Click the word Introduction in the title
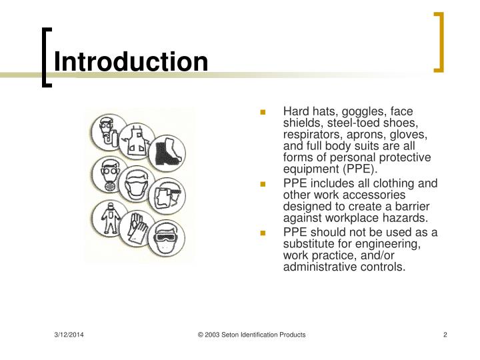click(131, 62)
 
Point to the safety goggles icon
click(166, 237)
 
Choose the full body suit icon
click(107, 218)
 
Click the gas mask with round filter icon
click(108, 175)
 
